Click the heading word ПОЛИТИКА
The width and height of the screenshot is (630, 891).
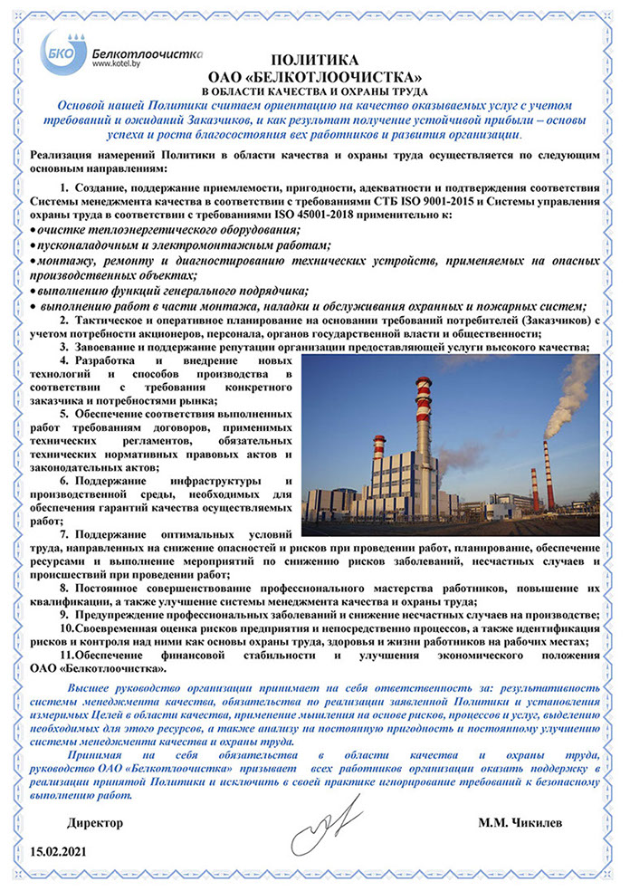(x=315, y=60)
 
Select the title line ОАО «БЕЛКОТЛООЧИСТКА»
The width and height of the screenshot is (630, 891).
(x=315, y=75)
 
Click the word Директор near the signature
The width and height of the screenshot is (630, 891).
(x=95, y=823)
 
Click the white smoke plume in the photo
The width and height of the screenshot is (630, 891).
(x=576, y=389)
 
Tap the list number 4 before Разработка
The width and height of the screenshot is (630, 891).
(x=64, y=361)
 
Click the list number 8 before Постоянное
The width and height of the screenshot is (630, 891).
(x=64, y=588)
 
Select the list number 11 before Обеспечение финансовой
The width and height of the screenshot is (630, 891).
(x=66, y=656)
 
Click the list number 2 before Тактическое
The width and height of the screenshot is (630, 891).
(x=64, y=321)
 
